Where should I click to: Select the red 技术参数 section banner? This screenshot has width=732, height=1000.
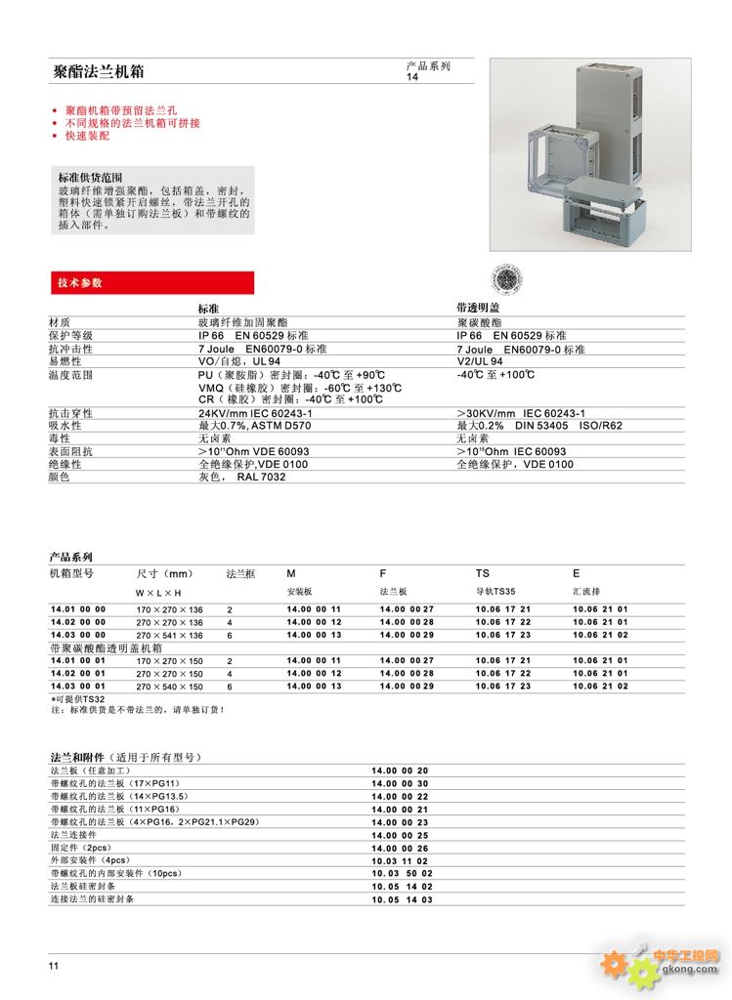click(x=152, y=283)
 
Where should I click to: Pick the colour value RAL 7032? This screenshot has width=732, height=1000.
click(x=252, y=478)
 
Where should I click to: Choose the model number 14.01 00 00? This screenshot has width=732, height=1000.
click(x=78, y=609)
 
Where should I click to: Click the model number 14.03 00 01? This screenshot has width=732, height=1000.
click(x=78, y=687)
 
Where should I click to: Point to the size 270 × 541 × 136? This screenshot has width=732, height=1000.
click(x=170, y=635)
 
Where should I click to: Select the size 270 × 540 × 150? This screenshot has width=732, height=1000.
click(x=170, y=687)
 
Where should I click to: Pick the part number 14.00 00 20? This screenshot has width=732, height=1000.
click(x=400, y=771)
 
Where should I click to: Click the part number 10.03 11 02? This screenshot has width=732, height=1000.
click(x=400, y=860)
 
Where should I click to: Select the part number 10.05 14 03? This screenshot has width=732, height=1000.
click(x=401, y=898)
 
